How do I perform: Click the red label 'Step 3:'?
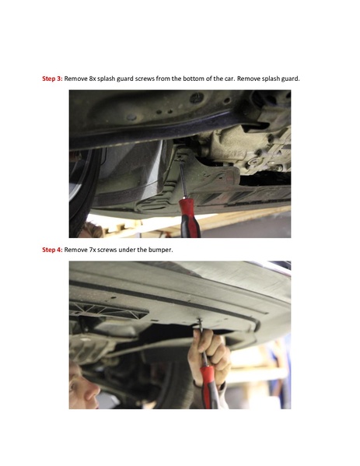coord(52,79)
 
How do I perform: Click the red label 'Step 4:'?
coord(52,250)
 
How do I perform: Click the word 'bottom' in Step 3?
coord(197,79)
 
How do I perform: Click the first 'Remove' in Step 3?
coord(75,79)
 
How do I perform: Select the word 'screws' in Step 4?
coord(110,250)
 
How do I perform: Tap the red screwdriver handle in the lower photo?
coord(208,385)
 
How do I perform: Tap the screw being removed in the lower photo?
coord(199,318)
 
